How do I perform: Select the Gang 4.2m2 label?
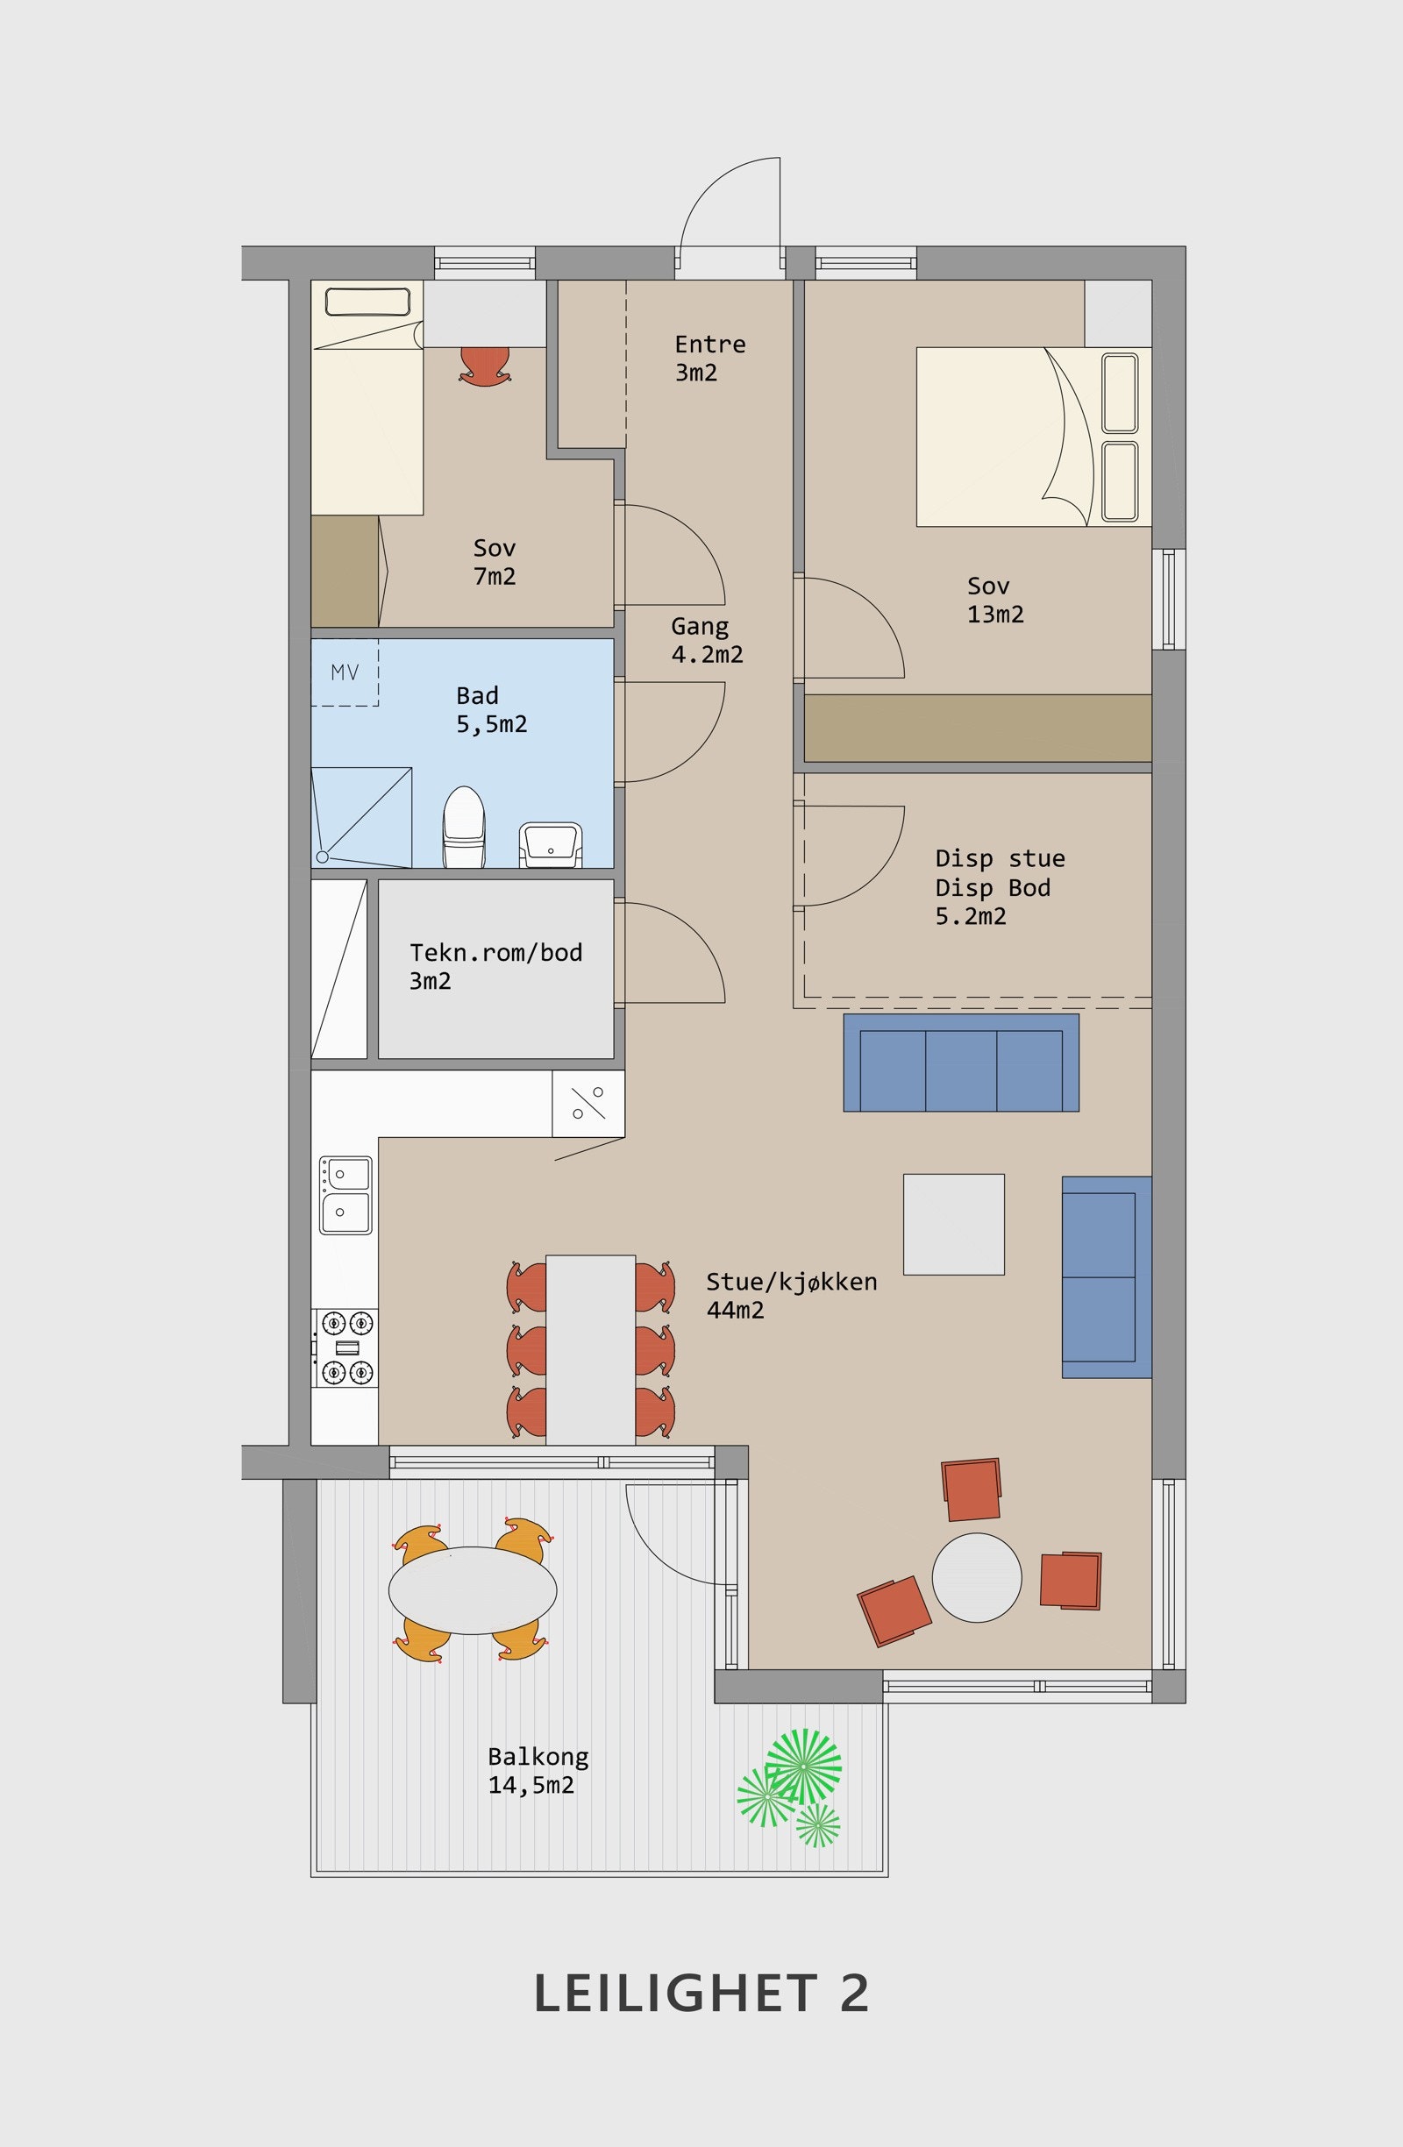click(x=707, y=640)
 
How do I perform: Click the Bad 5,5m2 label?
click(x=491, y=709)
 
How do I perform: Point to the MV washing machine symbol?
click(x=345, y=672)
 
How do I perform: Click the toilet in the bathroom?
click(x=465, y=827)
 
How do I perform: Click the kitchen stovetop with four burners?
click(x=345, y=1347)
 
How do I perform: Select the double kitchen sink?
click(x=345, y=1195)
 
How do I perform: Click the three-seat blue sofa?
click(x=961, y=1063)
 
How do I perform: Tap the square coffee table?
click(x=954, y=1224)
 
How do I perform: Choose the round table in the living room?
click(x=976, y=1578)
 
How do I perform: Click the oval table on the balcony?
click(x=472, y=1590)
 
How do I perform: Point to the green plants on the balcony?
click(x=792, y=1787)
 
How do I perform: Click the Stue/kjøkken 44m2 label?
click(x=791, y=1296)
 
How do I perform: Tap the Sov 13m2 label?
click(x=995, y=600)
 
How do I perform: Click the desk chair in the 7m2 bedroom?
click(x=486, y=366)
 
